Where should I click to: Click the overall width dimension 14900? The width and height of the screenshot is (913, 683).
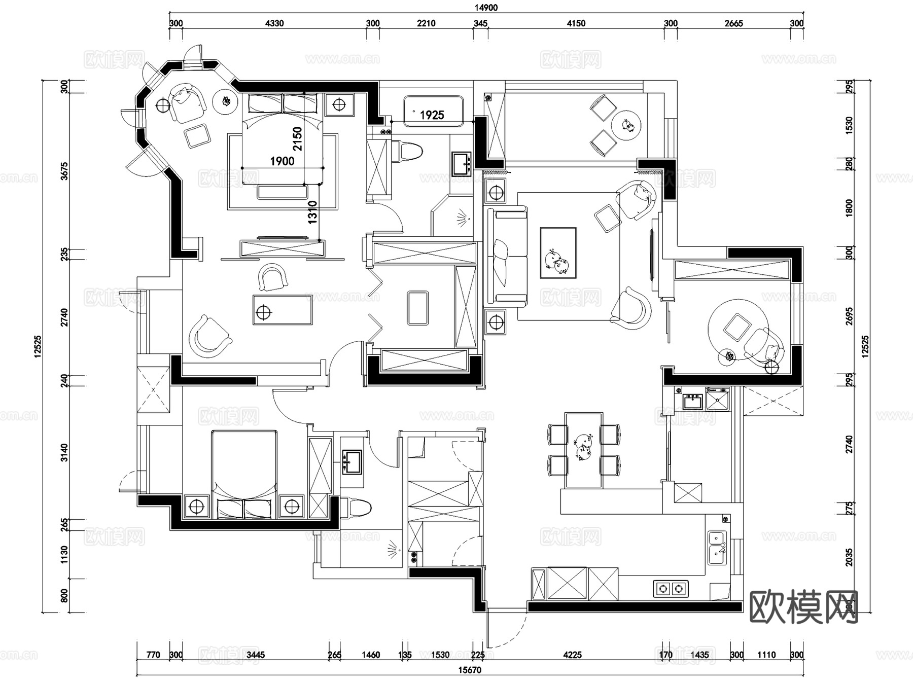(x=486, y=8)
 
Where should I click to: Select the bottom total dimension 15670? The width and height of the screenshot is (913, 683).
(x=470, y=670)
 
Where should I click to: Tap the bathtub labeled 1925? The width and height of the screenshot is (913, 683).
(x=433, y=112)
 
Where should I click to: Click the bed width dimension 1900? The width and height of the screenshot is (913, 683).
(x=282, y=161)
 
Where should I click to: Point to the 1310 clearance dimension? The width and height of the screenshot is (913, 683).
(x=312, y=212)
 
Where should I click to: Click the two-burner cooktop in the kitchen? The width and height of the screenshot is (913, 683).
(x=670, y=588)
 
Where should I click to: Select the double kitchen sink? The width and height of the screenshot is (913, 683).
(x=717, y=548)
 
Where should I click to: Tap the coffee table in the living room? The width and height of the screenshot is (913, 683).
(x=558, y=253)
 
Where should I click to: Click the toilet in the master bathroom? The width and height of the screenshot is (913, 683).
(x=409, y=152)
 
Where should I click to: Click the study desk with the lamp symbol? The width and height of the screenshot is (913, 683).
(x=283, y=310)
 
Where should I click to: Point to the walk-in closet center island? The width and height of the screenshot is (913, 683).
(x=417, y=307)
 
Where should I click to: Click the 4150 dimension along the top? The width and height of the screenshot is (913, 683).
(x=576, y=23)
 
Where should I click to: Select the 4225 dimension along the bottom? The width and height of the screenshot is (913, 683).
(x=572, y=655)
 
